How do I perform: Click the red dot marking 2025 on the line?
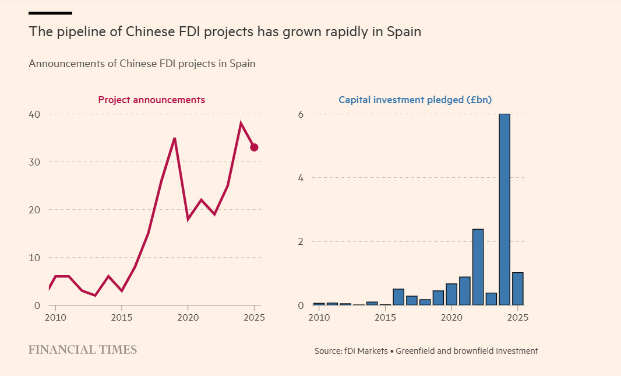click(254, 147)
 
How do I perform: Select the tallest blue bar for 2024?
click(504, 210)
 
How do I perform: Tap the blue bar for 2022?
click(478, 267)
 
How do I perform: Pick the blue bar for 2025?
click(518, 289)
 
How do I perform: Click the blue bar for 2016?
click(398, 297)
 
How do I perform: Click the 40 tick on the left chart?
click(34, 114)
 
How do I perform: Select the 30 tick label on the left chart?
click(34, 162)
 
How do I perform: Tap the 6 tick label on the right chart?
click(301, 114)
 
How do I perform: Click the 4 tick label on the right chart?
click(301, 178)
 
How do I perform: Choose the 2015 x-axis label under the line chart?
click(121, 318)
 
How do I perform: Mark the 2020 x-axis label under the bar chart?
click(451, 318)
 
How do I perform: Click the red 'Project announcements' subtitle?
click(151, 100)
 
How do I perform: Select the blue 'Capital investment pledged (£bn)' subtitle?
click(415, 100)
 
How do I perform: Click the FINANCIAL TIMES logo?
click(83, 350)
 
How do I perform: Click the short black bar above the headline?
click(50, 12)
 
